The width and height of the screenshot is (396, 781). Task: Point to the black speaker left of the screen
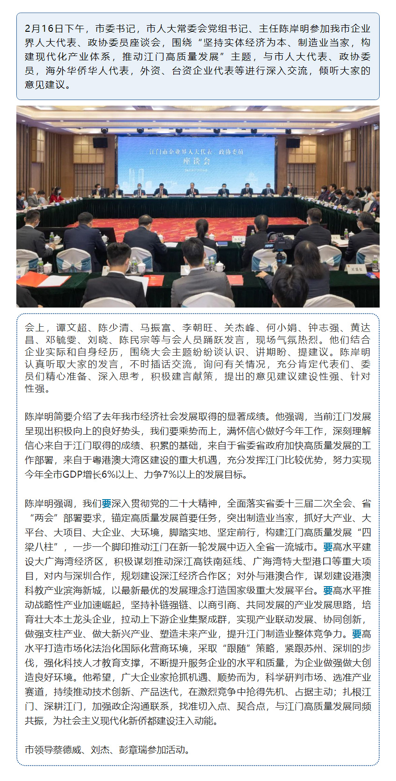(x=100, y=143)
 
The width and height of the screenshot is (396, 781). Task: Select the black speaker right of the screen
(x=293, y=143)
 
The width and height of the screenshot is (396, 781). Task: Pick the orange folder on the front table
(x=33, y=279)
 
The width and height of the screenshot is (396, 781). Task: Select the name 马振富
(x=156, y=328)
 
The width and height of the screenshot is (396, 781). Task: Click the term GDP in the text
(x=72, y=474)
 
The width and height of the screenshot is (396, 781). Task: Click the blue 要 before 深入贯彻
(x=106, y=503)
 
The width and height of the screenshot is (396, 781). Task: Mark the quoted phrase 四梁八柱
(x=362, y=532)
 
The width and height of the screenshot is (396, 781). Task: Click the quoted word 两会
(x=46, y=518)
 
